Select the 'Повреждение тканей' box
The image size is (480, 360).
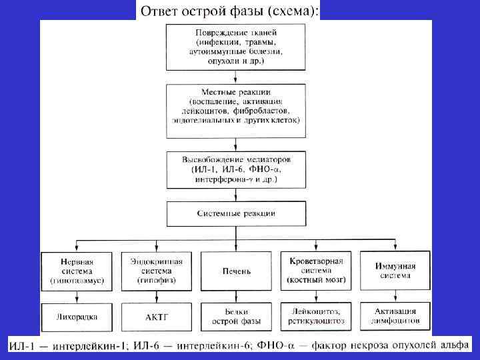[235, 47]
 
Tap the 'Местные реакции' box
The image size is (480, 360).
[235, 105]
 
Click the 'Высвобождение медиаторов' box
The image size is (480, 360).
[235, 169]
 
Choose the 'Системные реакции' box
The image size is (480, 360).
[235, 214]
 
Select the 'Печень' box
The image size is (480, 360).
[235, 271]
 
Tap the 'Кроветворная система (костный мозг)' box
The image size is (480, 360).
[315, 271]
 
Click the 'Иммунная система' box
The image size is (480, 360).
[395, 271]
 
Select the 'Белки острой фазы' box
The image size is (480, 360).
[235, 317]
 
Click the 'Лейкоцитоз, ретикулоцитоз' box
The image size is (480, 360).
[315, 317]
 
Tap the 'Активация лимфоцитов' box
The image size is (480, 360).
[395, 317]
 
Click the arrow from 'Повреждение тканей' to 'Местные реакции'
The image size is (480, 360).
[235, 76]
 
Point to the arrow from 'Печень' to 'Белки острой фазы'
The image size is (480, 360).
[235, 297]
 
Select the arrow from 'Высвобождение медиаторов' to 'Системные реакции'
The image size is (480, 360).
[235, 195]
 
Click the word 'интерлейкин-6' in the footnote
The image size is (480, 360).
[226, 347]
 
